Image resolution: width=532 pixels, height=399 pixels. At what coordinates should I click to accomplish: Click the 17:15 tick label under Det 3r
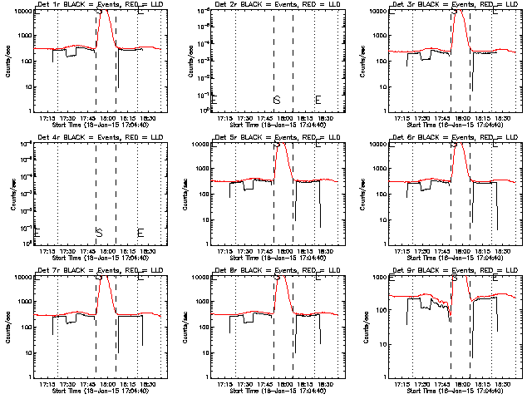tap(402, 118)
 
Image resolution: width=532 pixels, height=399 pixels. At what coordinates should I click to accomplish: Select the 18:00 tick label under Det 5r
tap(283, 251)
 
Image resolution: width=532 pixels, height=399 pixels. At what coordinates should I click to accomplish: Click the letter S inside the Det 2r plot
tap(277, 100)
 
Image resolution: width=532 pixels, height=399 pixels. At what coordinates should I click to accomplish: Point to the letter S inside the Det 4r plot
tap(99, 232)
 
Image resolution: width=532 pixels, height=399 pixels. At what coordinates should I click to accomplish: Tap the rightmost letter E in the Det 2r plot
tap(318, 100)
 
